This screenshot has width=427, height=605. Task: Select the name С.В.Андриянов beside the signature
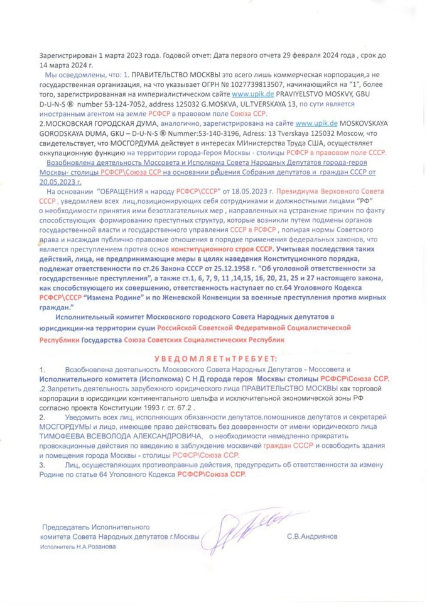(x=311, y=537)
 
